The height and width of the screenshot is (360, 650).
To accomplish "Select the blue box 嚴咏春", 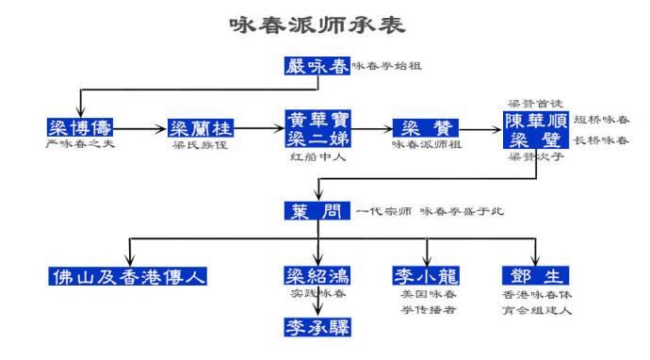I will (317, 66).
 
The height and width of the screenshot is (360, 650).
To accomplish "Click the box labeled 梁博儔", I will (79, 128).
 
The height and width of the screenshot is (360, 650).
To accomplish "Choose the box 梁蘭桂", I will (201, 128).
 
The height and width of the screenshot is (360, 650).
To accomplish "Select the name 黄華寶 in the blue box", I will (317, 121).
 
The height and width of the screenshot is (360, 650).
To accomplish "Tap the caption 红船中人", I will (317, 157).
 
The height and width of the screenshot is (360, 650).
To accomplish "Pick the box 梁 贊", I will (424, 128).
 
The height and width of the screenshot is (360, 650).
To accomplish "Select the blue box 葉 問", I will (317, 211).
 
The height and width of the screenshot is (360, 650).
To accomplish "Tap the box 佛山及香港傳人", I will (128, 276).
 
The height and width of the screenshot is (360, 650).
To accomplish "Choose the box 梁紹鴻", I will (317, 276).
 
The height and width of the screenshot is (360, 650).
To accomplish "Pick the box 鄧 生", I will (536, 276).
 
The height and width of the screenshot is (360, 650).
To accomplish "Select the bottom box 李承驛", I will (317, 327).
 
